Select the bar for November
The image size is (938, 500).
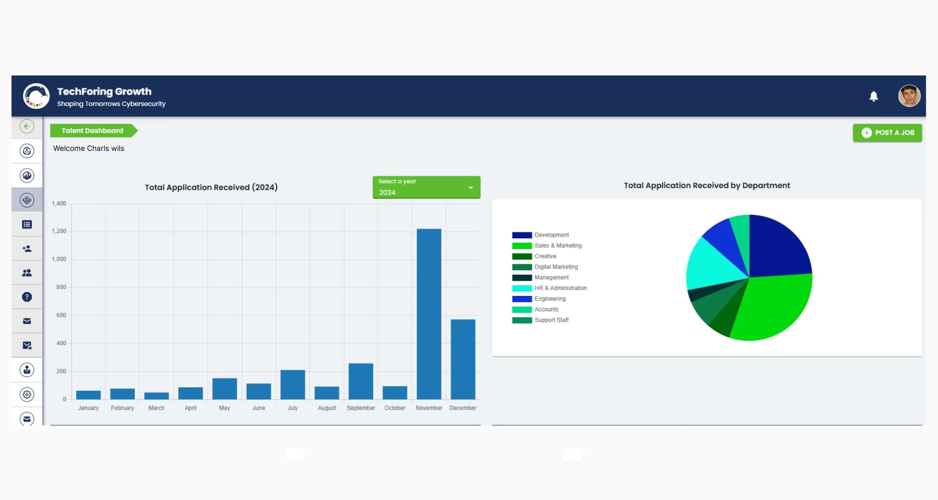click(x=429, y=314)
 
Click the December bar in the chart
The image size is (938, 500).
click(x=463, y=359)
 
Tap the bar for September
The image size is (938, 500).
click(x=361, y=381)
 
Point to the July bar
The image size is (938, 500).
click(x=293, y=385)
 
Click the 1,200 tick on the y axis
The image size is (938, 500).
click(x=59, y=231)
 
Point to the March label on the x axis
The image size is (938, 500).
click(x=156, y=408)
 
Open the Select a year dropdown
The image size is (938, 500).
click(x=426, y=187)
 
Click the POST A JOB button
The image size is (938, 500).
click(x=887, y=133)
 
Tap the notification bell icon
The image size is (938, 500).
click(x=874, y=96)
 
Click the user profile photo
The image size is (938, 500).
click(x=909, y=96)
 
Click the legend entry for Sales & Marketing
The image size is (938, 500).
click(x=547, y=246)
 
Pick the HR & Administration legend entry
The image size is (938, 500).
click(x=550, y=288)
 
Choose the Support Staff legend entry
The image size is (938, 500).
click(x=540, y=320)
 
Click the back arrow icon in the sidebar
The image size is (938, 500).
click(x=27, y=126)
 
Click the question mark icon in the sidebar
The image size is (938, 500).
click(x=27, y=297)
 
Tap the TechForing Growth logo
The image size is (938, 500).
click(x=36, y=96)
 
